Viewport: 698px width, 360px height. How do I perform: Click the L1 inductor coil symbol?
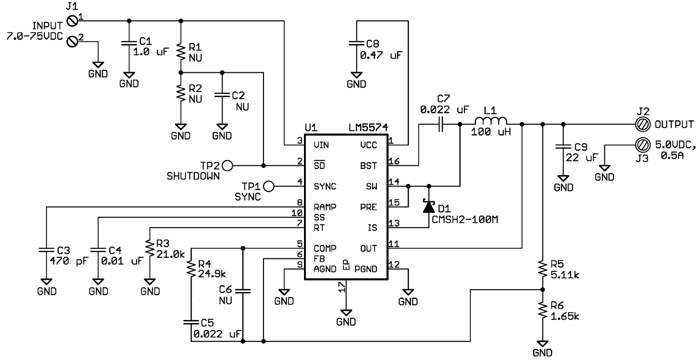click(x=490, y=122)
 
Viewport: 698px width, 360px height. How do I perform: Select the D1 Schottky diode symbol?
click(x=429, y=206)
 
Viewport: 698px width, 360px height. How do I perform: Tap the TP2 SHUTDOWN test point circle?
click(x=227, y=165)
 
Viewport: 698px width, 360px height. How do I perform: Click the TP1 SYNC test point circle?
click(x=269, y=187)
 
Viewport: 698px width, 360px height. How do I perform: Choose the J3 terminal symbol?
click(x=644, y=145)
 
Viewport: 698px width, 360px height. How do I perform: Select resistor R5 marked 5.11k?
click(x=542, y=270)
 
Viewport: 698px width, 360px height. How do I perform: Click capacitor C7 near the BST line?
click(x=441, y=124)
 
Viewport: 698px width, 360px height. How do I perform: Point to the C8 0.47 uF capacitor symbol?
click(x=357, y=44)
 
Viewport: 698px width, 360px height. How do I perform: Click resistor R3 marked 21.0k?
click(x=150, y=248)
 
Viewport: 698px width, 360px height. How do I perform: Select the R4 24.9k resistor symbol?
click(x=191, y=269)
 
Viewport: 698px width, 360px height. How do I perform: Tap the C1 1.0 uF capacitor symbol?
click(x=129, y=44)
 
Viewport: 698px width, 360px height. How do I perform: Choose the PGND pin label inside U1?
click(x=369, y=268)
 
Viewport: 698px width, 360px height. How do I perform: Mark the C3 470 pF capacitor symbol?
click(x=46, y=250)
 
